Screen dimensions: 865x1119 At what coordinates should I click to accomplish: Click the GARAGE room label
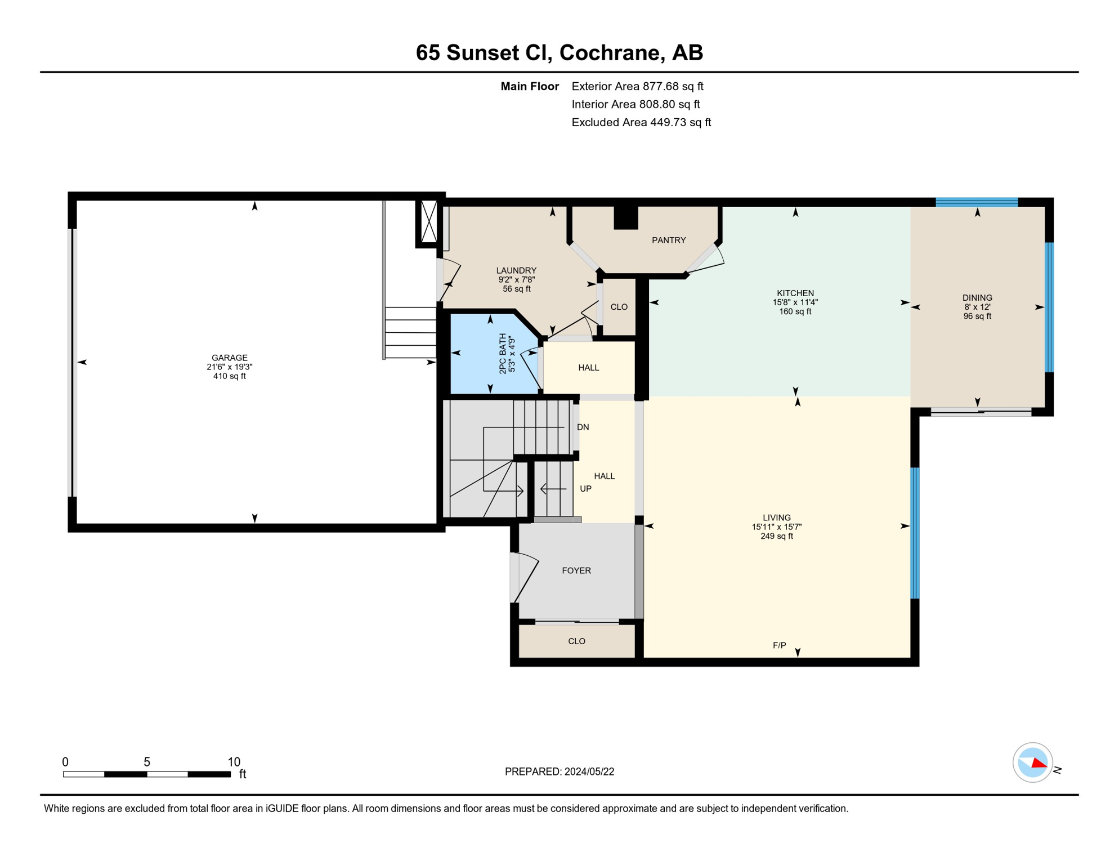pyautogui.click(x=229, y=358)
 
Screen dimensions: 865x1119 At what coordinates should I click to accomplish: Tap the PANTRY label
pyautogui.click(x=669, y=240)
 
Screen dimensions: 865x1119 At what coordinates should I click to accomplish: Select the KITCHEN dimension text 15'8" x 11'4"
pyautogui.click(x=795, y=302)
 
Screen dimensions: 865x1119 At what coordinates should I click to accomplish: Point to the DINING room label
pyautogui.click(x=977, y=298)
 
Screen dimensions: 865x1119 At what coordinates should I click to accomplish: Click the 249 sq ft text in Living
pyautogui.click(x=777, y=536)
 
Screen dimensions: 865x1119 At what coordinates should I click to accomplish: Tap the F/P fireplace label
pyautogui.click(x=779, y=645)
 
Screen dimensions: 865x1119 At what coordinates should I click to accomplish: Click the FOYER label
pyautogui.click(x=576, y=570)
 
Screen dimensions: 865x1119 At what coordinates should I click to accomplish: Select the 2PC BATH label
pyautogui.click(x=503, y=354)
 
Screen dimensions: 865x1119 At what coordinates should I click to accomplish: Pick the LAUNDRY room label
pyautogui.click(x=516, y=270)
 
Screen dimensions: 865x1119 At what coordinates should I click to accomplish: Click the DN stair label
pyautogui.click(x=583, y=427)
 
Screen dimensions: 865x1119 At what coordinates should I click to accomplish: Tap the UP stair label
pyautogui.click(x=585, y=489)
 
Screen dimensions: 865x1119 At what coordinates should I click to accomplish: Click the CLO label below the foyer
pyautogui.click(x=576, y=641)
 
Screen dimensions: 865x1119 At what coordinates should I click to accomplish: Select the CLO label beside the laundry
pyautogui.click(x=619, y=307)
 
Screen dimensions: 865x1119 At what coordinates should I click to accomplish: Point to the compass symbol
pyautogui.click(x=1032, y=763)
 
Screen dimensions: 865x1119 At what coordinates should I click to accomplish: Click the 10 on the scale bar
pyautogui.click(x=234, y=762)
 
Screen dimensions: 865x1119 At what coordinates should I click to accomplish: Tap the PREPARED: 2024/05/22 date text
pyautogui.click(x=559, y=772)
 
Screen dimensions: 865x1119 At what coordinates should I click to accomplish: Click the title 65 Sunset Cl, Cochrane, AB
pyautogui.click(x=559, y=52)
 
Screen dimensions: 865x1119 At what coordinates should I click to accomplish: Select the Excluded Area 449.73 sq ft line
pyautogui.click(x=641, y=122)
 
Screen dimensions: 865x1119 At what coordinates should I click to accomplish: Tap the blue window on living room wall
pyautogui.click(x=915, y=533)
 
